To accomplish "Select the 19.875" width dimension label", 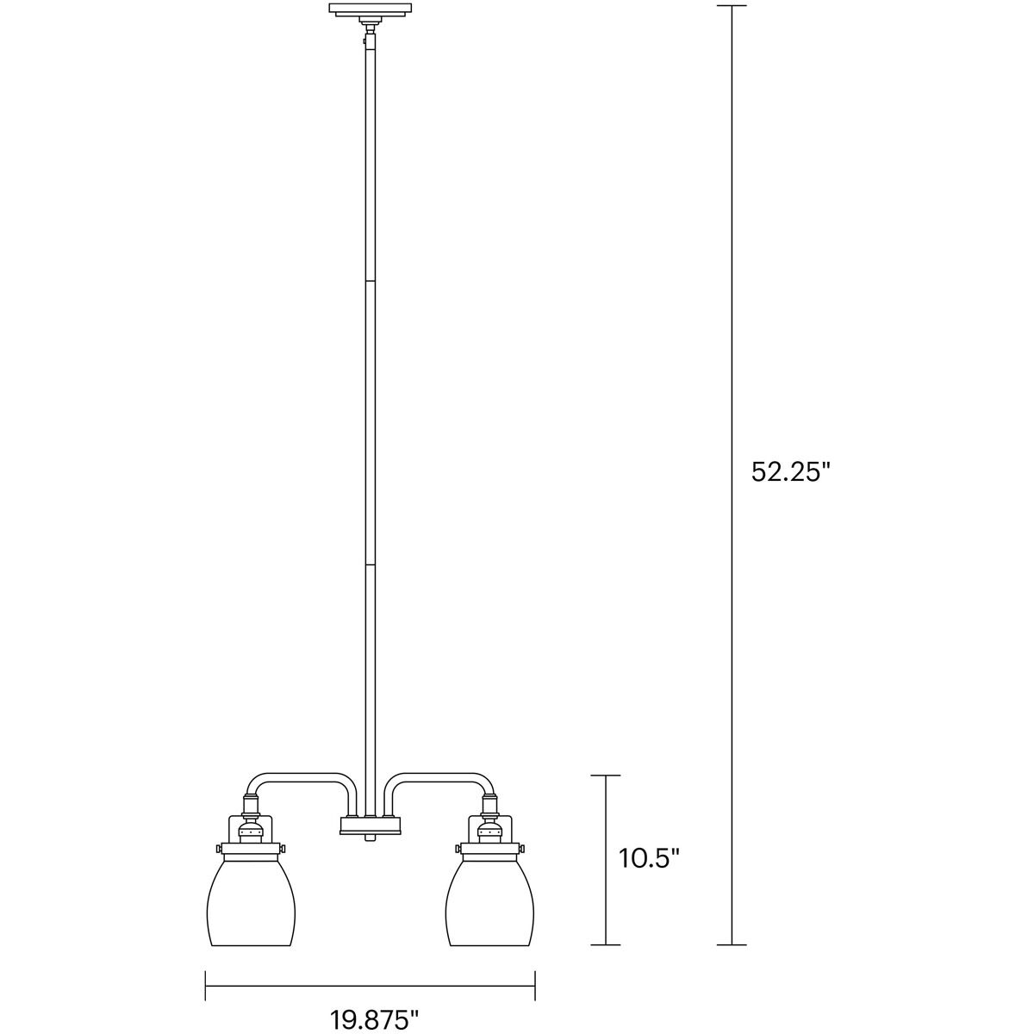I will pos(374,1018).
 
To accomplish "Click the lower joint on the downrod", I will pos(370,564).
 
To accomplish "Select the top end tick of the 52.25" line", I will pos(732,6).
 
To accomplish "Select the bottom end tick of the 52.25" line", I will pos(732,945).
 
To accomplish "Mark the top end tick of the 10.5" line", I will pos(606,775).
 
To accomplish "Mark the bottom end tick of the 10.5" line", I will pos(606,945).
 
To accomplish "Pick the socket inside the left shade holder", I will pos(251,832).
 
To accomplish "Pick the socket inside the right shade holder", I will pos(490,832).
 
